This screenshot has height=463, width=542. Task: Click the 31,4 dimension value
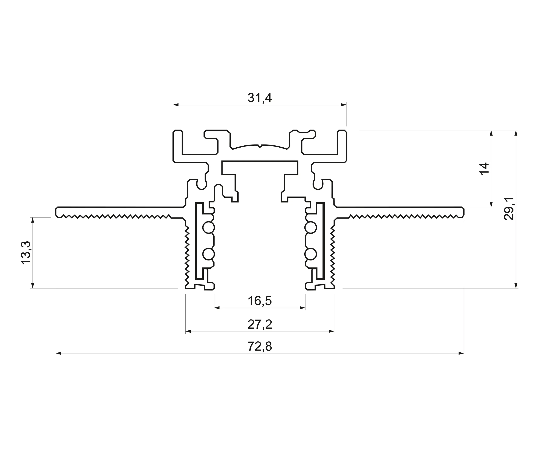click(260, 98)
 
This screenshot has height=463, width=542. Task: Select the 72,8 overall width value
click(260, 347)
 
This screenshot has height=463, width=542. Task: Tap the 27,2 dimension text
click(260, 325)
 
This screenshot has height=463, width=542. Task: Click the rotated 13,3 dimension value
click(26, 253)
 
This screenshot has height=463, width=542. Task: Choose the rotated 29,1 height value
click(509, 209)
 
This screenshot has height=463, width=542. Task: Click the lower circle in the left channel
click(208, 254)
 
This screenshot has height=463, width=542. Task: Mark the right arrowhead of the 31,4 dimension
click(344, 105)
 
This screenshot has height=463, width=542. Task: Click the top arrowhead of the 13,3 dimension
click(33, 220)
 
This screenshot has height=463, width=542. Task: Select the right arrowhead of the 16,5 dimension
click(303, 308)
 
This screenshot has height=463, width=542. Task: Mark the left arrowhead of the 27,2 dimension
click(188, 331)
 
